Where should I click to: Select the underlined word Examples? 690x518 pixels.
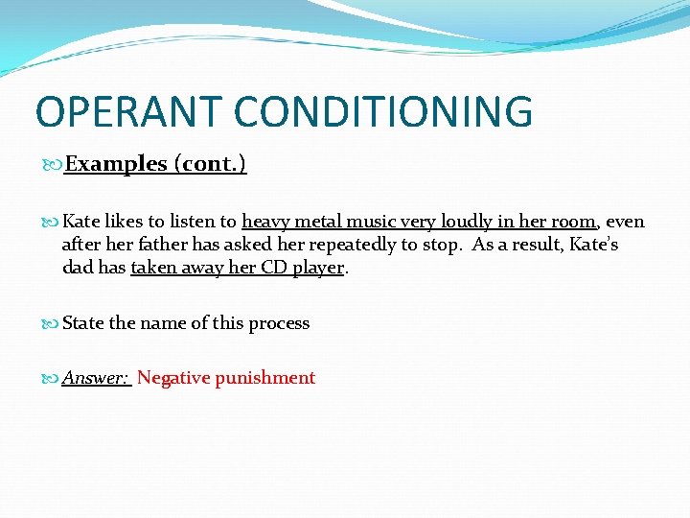click(x=116, y=164)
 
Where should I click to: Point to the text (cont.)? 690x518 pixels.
click(x=210, y=164)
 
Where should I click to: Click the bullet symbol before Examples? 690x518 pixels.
click(x=54, y=165)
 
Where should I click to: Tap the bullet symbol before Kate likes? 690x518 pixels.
click(x=54, y=223)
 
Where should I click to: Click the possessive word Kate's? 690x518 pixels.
click(x=593, y=245)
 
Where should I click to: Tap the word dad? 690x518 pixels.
click(x=78, y=268)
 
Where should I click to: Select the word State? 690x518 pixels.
click(x=83, y=323)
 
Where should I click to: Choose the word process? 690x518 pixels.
click(x=279, y=323)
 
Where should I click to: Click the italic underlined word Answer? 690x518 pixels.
click(x=96, y=378)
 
